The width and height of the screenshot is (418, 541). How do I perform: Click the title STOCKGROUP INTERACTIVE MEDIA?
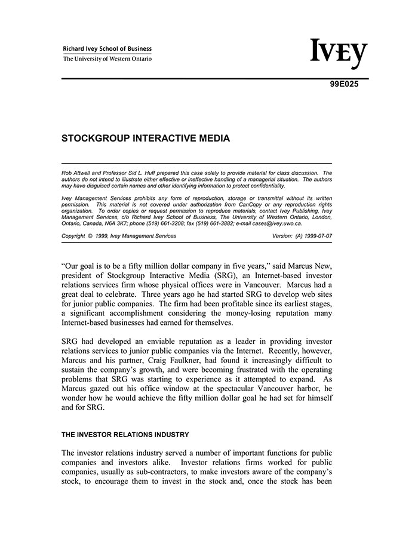[x=146, y=139]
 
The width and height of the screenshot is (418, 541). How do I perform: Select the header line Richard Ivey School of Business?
[x=107, y=49]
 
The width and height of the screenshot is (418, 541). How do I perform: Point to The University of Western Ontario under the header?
[x=107, y=59]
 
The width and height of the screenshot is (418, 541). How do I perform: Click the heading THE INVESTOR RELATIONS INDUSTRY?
[x=125, y=434]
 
